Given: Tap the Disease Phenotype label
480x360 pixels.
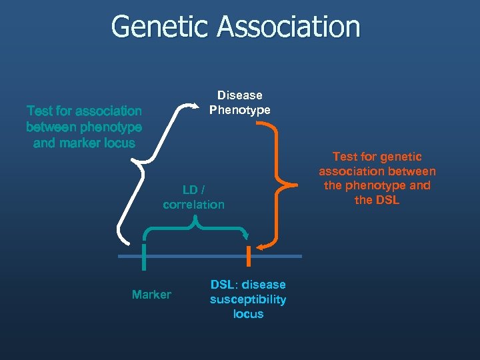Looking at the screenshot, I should (240, 103).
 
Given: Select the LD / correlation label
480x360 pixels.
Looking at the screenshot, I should (193, 197).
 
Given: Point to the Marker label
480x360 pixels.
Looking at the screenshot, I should (151, 295).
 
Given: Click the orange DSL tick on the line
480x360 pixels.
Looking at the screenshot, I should (249, 256).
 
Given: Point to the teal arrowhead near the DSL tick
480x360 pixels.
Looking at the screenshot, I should (246, 235).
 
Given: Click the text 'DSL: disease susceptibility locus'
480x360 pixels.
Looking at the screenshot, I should (248, 299).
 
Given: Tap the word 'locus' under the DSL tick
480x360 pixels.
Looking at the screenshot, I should (248, 314).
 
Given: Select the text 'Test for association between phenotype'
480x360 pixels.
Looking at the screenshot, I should (84, 119).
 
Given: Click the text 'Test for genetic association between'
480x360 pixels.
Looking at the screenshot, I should (377, 164).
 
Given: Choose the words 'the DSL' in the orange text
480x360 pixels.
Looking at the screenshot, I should (377, 200).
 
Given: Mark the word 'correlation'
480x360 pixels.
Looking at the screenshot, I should (193, 205).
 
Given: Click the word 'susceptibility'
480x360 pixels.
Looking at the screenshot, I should (248, 299).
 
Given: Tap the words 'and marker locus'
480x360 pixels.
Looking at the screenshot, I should (84, 143).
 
